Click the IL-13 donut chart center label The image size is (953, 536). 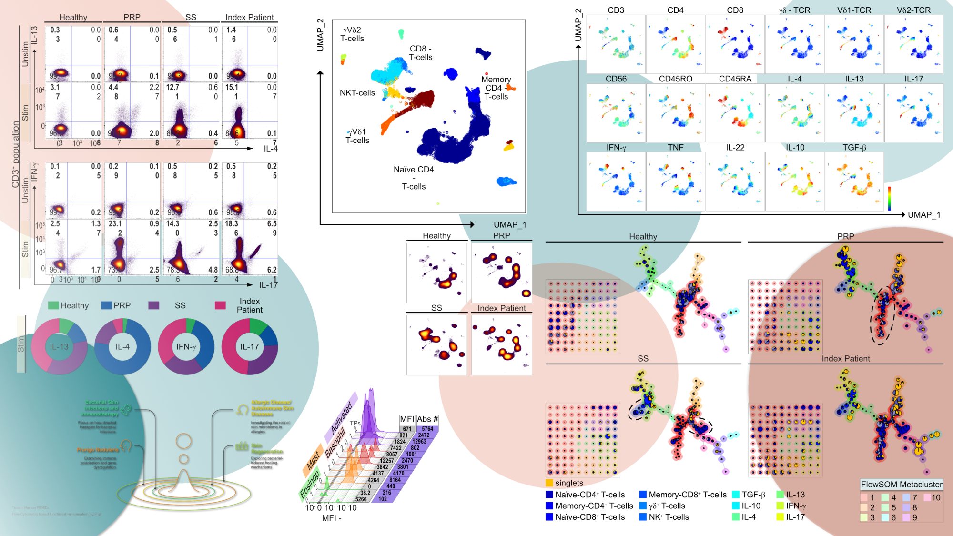click(x=59, y=347)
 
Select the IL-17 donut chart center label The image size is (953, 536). click(x=250, y=347)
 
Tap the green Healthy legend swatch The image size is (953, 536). click(x=53, y=305)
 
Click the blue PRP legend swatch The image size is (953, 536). click(x=106, y=305)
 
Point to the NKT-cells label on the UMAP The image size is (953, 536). click(x=357, y=93)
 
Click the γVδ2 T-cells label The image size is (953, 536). click(x=352, y=34)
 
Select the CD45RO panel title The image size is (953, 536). click(x=675, y=79)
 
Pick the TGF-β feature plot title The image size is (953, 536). click(x=854, y=148)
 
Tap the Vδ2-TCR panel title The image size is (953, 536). click(x=913, y=10)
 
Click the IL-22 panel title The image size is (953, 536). click(x=735, y=148)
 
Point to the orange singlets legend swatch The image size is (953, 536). click(x=549, y=483)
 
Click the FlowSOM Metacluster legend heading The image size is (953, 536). click(x=901, y=485)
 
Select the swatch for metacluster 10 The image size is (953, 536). click(x=927, y=498)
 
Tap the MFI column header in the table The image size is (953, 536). click(x=407, y=419)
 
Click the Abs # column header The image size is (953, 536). click(x=427, y=419)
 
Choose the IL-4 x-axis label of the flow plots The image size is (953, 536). click(x=270, y=149)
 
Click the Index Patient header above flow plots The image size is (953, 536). click(x=249, y=17)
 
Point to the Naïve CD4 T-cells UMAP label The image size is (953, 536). click(x=414, y=178)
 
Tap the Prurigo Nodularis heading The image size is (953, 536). click(x=98, y=450)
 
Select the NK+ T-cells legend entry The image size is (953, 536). click(x=669, y=517)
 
